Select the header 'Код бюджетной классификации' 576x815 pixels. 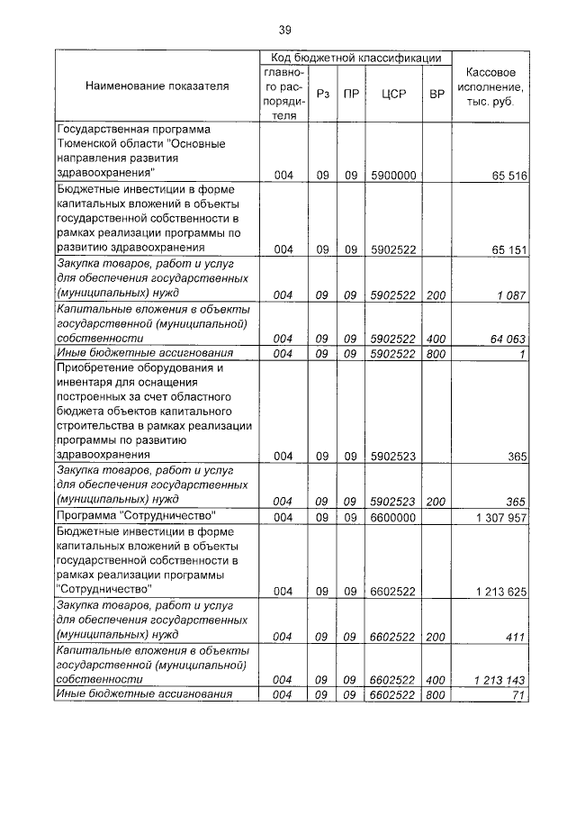355,58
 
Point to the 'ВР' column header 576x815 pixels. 436,94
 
